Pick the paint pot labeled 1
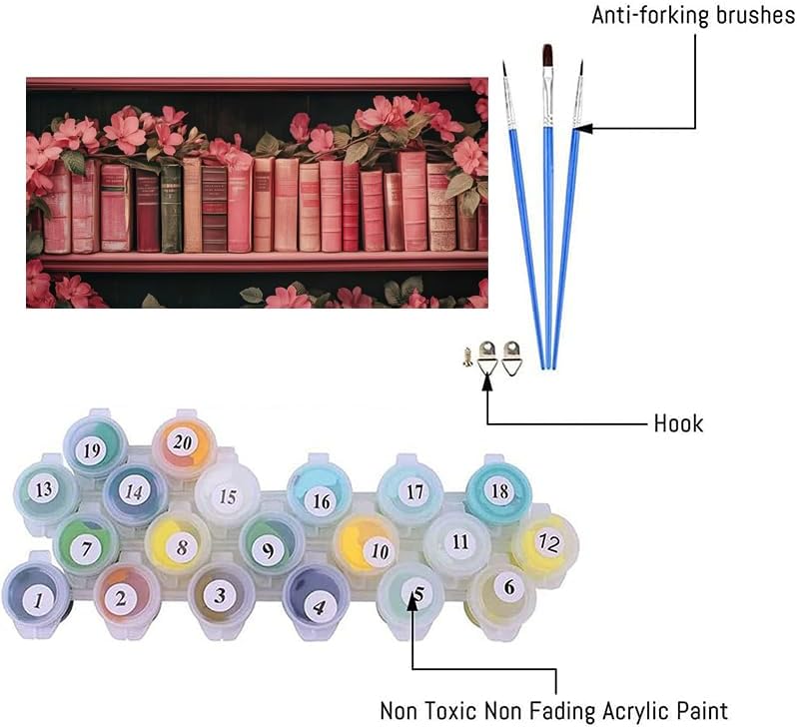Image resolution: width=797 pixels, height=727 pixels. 38,598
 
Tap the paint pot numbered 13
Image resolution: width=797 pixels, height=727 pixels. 44,490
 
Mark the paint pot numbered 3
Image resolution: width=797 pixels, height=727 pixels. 220,596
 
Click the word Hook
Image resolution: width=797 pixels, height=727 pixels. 678,423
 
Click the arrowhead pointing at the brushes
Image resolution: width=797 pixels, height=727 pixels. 584,128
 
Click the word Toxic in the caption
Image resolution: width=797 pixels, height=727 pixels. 461,711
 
